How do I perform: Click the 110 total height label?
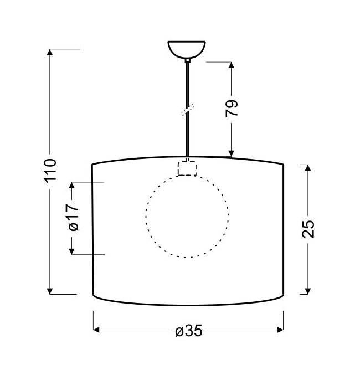[50, 170]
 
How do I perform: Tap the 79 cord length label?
[232, 108]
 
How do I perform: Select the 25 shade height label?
[308, 229]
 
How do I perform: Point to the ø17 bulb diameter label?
[73, 218]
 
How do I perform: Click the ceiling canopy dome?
[187, 49]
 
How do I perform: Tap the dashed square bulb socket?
[187, 168]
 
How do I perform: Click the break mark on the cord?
[188, 110]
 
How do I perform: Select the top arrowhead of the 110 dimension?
[50, 52]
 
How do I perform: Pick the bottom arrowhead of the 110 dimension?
[50, 291]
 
